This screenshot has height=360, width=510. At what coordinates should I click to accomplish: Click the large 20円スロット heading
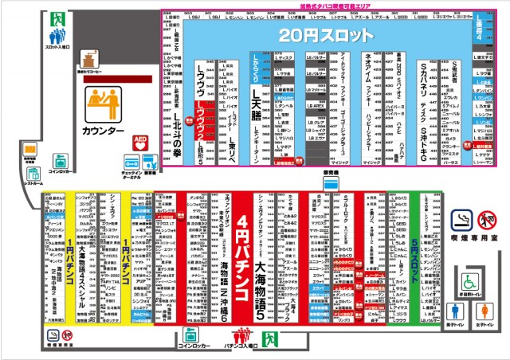(x=326, y=36)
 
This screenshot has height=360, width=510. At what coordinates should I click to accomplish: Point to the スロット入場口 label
(x=57, y=47)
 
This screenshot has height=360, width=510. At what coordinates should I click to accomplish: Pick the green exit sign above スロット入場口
(x=59, y=15)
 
